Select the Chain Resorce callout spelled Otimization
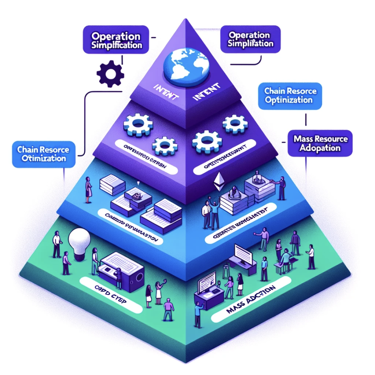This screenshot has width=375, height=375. (44, 154)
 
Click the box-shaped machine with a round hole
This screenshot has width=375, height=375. (123, 273)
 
